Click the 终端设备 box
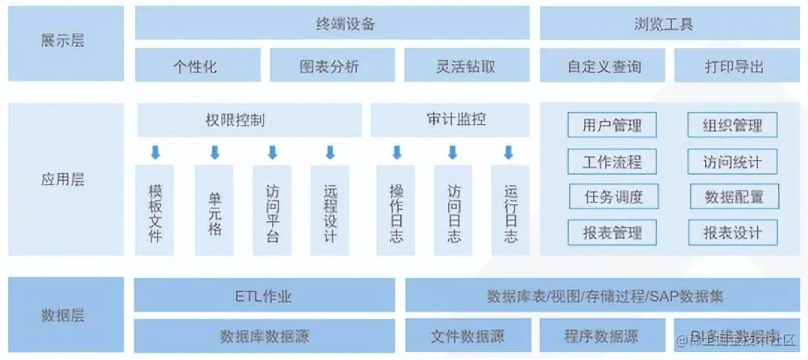point(332,23)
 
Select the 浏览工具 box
point(668,23)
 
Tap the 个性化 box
point(198,66)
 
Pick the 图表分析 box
point(329,66)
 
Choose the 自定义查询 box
point(603,66)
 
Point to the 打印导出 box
point(735,66)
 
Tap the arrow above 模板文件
point(155,152)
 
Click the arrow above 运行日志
point(509,152)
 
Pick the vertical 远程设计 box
point(330,210)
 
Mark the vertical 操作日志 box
point(396,210)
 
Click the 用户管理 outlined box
point(612,125)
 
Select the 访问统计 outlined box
point(732,161)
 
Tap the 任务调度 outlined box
point(613,196)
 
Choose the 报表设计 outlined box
point(732,232)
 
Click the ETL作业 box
point(264,296)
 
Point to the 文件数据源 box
point(468,335)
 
